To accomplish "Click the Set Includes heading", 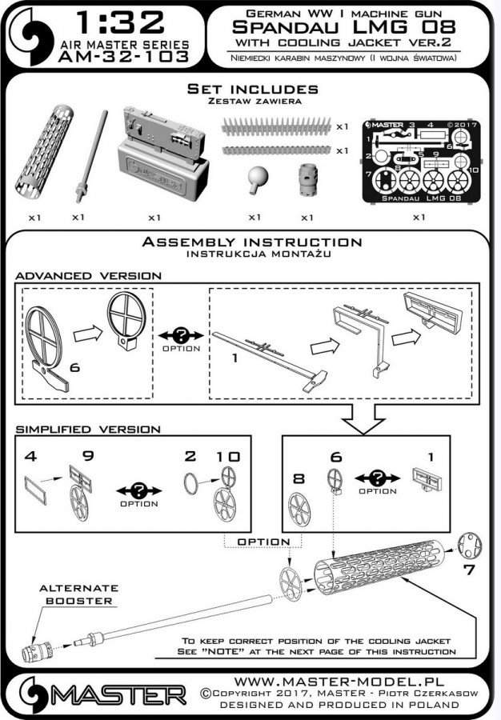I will point(251,89).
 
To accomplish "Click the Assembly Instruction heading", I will point(251,242).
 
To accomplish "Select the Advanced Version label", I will point(89,274).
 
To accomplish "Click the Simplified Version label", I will point(88,429).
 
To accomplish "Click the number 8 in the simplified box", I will point(297,479).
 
